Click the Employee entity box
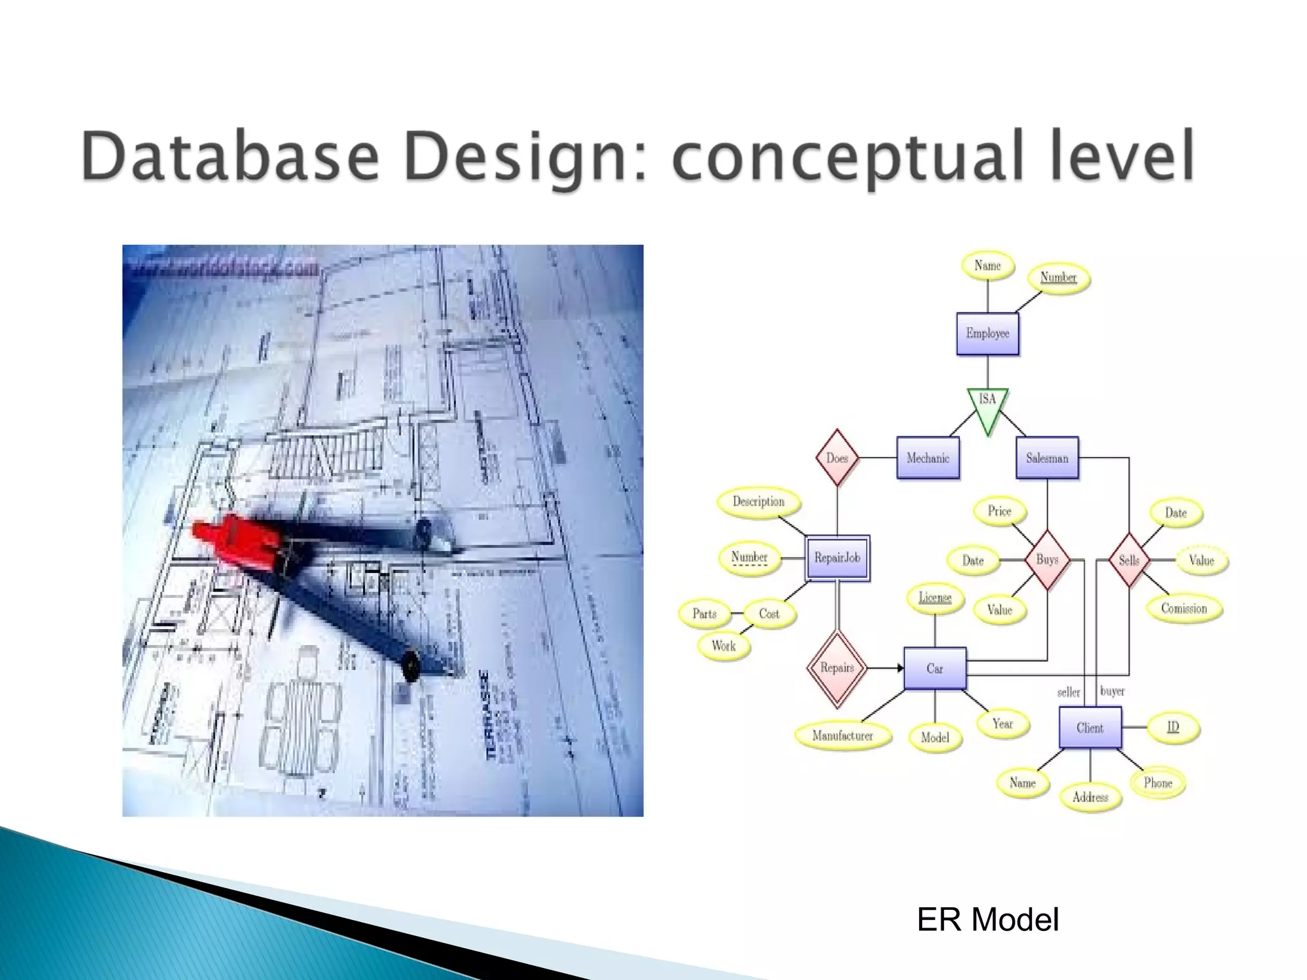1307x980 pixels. [x=987, y=334]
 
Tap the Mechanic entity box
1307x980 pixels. [x=928, y=458]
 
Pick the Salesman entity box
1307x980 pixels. [x=1047, y=458]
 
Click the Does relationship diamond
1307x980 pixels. [x=837, y=458]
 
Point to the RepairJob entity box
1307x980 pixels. [x=837, y=558]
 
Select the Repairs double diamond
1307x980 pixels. [x=837, y=668]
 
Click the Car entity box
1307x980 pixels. [x=934, y=669]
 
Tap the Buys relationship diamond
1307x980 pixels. [x=1047, y=560]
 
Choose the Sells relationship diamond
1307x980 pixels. [x=1128, y=560]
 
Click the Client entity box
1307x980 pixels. [x=1089, y=728]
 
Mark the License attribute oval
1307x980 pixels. [x=935, y=598]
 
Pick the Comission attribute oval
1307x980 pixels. [x=1184, y=609]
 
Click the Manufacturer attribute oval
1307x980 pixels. [x=842, y=736]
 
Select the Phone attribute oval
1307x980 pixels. [x=1158, y=783]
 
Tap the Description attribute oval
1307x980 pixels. [x=758, y=501]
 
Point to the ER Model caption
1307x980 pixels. [x=987, y=920]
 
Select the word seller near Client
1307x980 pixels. [x=1068, y=692]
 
